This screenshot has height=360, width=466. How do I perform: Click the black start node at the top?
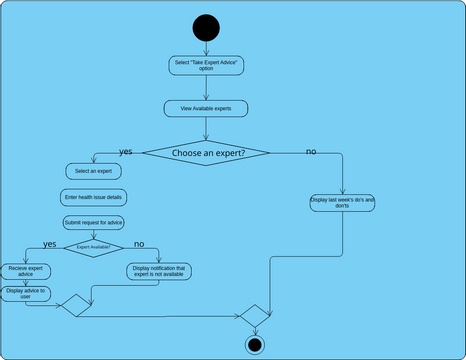click(x=206, y=27)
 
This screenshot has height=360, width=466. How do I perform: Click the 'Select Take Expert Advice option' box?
click(x=206, y=65)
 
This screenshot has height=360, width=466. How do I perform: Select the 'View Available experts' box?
click(x=206, y=108)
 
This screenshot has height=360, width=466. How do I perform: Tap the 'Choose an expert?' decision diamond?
click(x=207, y=153)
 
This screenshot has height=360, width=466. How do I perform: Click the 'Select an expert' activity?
click(x=93, y=172)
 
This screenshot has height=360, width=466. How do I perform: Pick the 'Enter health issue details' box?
click(x=93, y=197)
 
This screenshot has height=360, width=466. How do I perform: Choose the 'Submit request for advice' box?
click(x=93, y=222)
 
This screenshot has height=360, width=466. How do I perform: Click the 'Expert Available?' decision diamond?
click(x=93, y=246)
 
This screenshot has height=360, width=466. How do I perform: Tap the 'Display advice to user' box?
click(x=27, y=293)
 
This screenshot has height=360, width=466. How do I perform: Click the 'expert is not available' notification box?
click(x=159, y=271)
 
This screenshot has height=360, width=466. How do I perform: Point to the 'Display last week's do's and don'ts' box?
click(x=342, y=203)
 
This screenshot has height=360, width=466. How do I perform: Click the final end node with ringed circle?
click(x=254, y=345)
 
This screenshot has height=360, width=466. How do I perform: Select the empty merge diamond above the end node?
click(x=254, y=315)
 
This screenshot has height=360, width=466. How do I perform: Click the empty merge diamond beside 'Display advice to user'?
click(x=76, y=307)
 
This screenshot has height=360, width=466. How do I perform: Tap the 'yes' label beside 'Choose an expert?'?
click(x=125, y=151)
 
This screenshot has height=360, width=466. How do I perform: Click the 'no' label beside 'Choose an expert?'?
click(x=311, y=151)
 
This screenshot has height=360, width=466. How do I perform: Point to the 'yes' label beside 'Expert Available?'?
click(x=49, y=244)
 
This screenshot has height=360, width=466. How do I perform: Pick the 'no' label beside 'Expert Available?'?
click(x=139, y=244)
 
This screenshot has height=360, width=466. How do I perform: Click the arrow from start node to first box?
click(x=206, y=48)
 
